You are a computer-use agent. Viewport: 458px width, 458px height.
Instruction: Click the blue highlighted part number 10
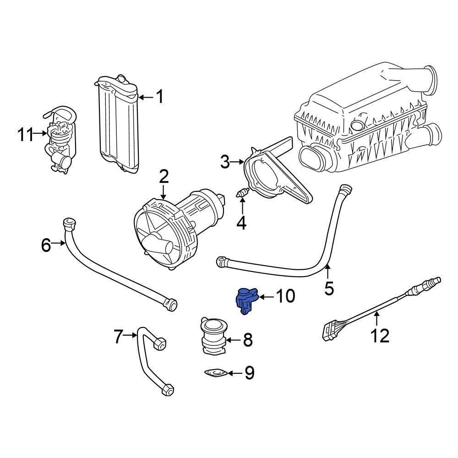[246, 300]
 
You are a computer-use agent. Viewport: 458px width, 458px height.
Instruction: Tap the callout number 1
[159, 97]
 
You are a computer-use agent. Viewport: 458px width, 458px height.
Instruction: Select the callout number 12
[380, 336]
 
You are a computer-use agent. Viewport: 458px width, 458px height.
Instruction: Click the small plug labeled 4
[242, 195]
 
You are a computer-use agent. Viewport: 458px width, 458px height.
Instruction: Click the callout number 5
[329, 288]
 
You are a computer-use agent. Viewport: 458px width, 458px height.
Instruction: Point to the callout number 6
[46, 245]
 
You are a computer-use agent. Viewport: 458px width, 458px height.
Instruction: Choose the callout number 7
[118, 338]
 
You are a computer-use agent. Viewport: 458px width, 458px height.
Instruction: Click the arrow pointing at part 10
[267, 297]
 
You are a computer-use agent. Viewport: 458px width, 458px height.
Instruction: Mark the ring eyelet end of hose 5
[222, 261]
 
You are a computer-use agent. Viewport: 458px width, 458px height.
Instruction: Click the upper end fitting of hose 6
[69, 223]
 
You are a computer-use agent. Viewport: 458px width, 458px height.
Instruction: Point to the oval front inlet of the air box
[311, 158]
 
